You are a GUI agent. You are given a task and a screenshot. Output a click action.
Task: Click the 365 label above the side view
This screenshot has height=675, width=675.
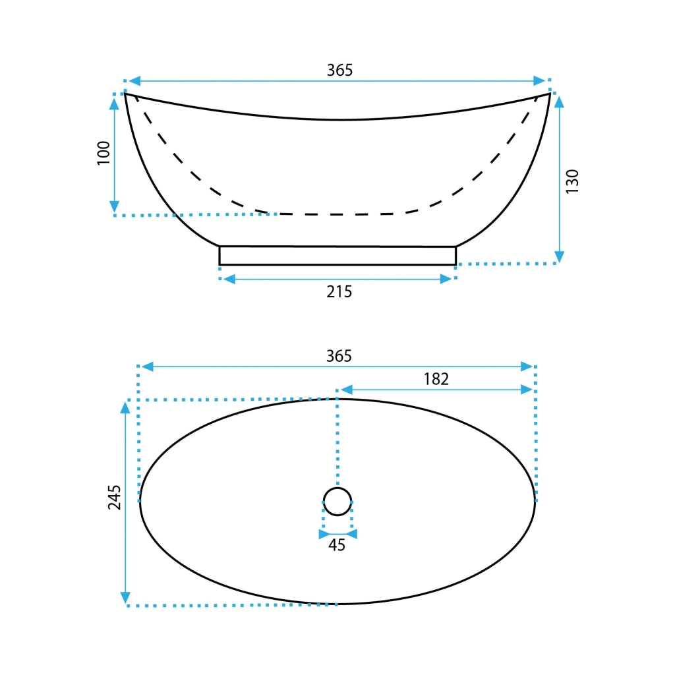point(339,70)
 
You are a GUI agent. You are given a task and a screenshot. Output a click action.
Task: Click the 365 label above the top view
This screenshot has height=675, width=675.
point(339,356)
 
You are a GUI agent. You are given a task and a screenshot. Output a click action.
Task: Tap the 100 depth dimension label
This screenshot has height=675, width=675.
point(103,153)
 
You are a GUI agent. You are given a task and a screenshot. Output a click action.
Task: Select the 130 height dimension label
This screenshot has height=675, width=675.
point(572,181)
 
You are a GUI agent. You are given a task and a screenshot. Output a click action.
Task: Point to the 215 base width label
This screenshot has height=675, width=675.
point(339,292)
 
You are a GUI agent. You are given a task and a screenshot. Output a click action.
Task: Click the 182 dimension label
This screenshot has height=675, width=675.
point(436,379)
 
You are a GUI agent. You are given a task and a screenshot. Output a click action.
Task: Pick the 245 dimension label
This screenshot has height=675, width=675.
point(114,497)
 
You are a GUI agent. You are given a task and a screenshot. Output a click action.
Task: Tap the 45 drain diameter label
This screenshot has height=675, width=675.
point(337,545)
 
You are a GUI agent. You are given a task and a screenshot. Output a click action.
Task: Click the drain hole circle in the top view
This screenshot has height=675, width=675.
point(337,488)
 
